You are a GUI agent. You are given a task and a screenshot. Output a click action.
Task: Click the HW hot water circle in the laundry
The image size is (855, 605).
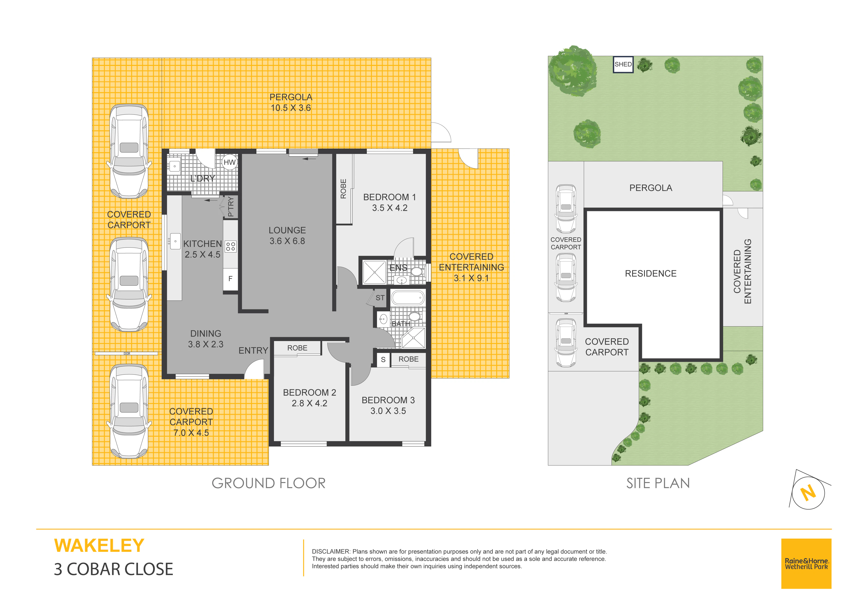pos(229,162)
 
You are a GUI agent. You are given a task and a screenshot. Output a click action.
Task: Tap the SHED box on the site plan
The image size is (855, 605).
pos(623,64)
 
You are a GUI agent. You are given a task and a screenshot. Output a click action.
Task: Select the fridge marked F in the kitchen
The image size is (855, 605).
pos(230,278)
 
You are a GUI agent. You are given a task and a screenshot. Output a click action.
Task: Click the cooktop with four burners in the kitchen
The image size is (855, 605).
pos(231,246)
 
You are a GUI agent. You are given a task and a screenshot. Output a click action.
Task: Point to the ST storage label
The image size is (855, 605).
pos(380,298)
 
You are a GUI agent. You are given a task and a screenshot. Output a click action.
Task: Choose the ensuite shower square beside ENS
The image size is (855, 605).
pos(374,272)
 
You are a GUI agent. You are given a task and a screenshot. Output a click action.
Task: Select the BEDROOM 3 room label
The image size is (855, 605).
pos(388,400)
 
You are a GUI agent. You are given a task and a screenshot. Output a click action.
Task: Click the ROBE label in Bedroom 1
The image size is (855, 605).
pos(343,189)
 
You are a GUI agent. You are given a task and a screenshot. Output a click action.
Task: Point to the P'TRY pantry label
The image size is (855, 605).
pos(231,207)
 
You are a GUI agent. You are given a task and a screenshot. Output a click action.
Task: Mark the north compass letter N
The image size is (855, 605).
pos(808,493)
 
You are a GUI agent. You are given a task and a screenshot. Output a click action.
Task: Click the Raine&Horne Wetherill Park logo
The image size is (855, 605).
pos(806,564)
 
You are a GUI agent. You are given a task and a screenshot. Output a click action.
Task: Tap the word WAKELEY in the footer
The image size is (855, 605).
pos(99,546)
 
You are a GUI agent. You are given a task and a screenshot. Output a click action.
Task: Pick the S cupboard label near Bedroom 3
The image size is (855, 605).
pos(383,360)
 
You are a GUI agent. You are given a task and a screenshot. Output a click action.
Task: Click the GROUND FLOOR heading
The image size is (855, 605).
pos(269,483)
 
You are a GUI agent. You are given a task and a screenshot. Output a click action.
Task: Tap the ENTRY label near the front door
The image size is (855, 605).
pos(253,350)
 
